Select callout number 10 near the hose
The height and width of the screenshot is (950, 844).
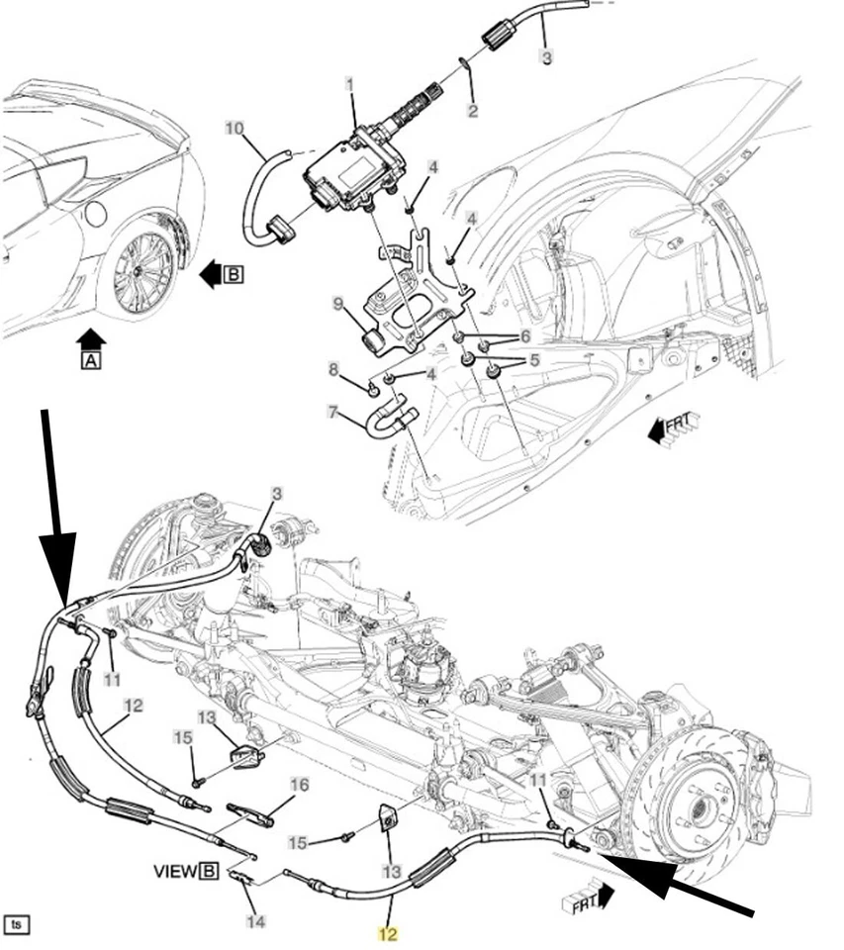pos(234,129)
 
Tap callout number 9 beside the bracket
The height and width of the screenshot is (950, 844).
pos(337,303)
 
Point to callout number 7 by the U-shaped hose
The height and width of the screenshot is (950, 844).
pos(333,411)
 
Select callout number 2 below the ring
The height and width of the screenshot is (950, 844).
pos(473,111)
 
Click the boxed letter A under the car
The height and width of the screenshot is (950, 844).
pos(90,362)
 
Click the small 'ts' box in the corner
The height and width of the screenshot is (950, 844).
pos(17,924)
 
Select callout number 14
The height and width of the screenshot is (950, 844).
pos(255,921)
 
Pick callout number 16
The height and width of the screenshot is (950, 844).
pos(299,785)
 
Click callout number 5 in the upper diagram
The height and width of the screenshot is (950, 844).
pos(533,360)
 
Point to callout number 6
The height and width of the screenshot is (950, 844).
pos(525,336)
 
